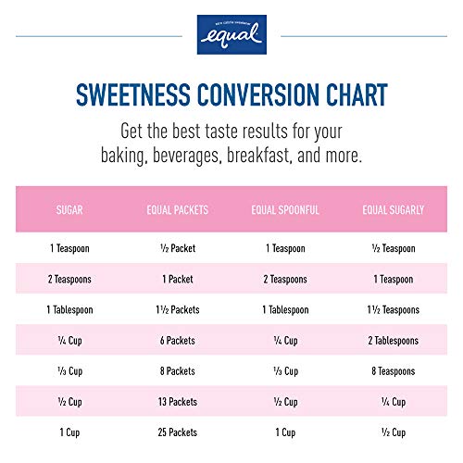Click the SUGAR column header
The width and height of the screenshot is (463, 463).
click(70, 210)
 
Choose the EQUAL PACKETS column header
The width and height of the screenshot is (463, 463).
click(177, 210)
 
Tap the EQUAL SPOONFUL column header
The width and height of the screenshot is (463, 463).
click(285, 210)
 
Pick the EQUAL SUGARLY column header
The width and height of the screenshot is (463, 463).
click(393, 210)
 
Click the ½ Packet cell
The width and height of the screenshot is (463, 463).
click(177, 248)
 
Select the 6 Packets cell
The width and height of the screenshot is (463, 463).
click(177, 340)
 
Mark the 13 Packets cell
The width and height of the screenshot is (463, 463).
click(177, 402)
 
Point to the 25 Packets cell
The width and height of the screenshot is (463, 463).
click(177, 432)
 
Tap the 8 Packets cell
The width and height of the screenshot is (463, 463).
click(177, 371)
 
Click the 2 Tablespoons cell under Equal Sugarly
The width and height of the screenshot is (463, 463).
click(393, 340)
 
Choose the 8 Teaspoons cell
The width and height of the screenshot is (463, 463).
click(393, 371)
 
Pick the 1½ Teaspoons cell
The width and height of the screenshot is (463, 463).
click(393, 309)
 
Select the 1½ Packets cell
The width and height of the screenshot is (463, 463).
click(177, 309)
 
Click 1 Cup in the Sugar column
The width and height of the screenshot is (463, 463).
click(70, 432)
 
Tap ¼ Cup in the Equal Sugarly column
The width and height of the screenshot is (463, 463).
click(393, 402)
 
